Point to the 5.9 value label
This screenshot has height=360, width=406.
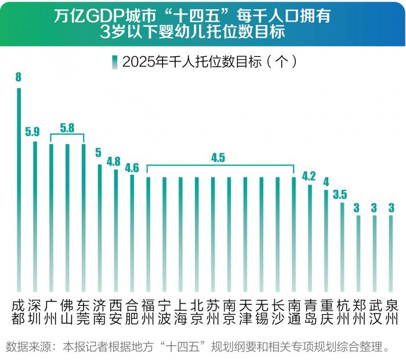click(x=33, y=131)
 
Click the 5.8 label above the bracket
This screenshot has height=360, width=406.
click(x=67, y=126)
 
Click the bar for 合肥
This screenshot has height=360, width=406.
click(x=132, y=233)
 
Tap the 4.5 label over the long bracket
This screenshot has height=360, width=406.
click(x=218, y=157)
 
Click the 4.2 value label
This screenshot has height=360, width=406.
click(x=309, y=175)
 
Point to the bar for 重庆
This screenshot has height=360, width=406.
click(x=326, y=240)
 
